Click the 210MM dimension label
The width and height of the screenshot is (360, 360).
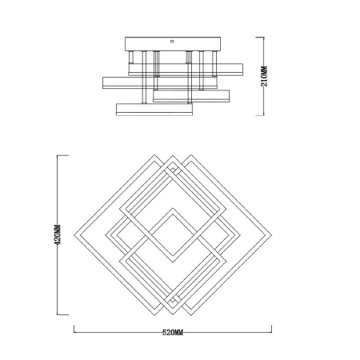(x=266, y=77)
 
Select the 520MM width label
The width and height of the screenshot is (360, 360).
(x=172, y=330)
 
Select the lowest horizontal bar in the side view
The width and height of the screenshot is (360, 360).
(x=154, y=108)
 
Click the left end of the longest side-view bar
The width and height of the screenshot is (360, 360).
(x=102, y=81)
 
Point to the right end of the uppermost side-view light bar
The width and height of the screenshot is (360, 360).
(x=234, y=65)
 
